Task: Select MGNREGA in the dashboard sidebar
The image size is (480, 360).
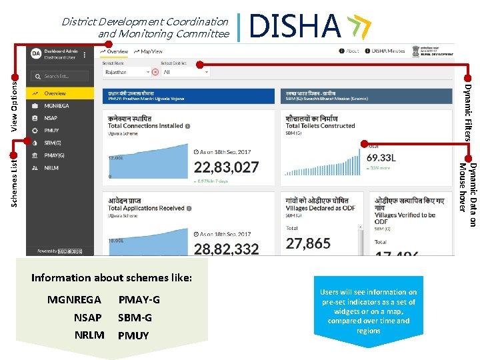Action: pyautogui.click(x=57, y=106)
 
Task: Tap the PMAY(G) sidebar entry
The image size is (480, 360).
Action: pyautogui.click(x=55, y=155)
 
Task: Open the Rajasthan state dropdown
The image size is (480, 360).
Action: pyautogui.click(x=127, y=72)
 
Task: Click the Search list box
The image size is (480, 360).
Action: pyautogui.click(x=61, y=76)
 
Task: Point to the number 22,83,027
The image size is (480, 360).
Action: pyautogui.click(x=226, y=167)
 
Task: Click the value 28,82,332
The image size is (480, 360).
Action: pyautogui.click(x=226, y=249)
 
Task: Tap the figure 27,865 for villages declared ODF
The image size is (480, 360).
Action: pyautogui.click(x=308, y=243)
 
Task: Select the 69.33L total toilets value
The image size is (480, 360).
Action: pyautogui.click(x=381, y=158)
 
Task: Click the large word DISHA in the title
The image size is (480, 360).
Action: pyautogui.click(x=295, y=27)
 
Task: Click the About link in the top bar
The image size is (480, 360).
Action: pyautogui.click(x=349, y=51)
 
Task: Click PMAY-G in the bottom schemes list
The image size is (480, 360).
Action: pyautogui.click(x=139, y=300)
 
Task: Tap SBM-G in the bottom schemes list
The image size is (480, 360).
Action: pyautogui.click(x=135, y=318)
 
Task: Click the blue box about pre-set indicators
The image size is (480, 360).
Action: pyautogui.click(x=368, y=311)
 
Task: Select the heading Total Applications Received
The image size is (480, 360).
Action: pyautogui.click(x=145, y=208)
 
